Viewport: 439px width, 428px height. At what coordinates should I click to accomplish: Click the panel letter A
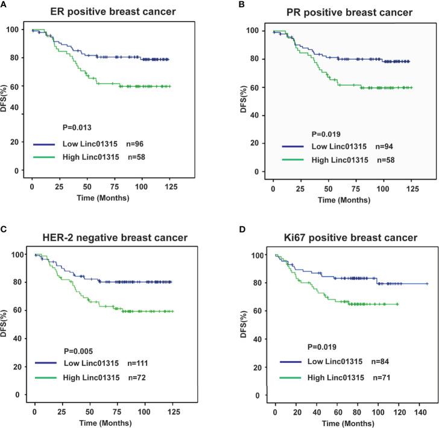4,4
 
